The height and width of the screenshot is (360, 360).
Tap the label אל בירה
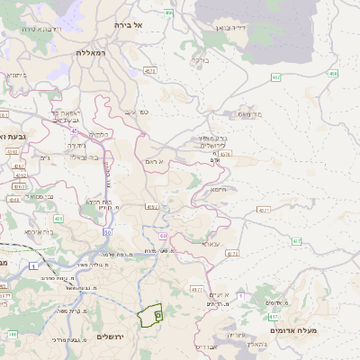129,25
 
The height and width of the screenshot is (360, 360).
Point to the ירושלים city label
108,336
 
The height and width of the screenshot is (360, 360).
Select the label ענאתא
211,243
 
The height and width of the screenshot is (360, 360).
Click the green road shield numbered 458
333,74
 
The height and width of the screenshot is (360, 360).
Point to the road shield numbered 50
106,232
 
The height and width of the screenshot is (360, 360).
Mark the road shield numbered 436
58,218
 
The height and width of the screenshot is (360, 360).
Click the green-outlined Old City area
148,316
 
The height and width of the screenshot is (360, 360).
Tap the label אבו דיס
206,346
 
